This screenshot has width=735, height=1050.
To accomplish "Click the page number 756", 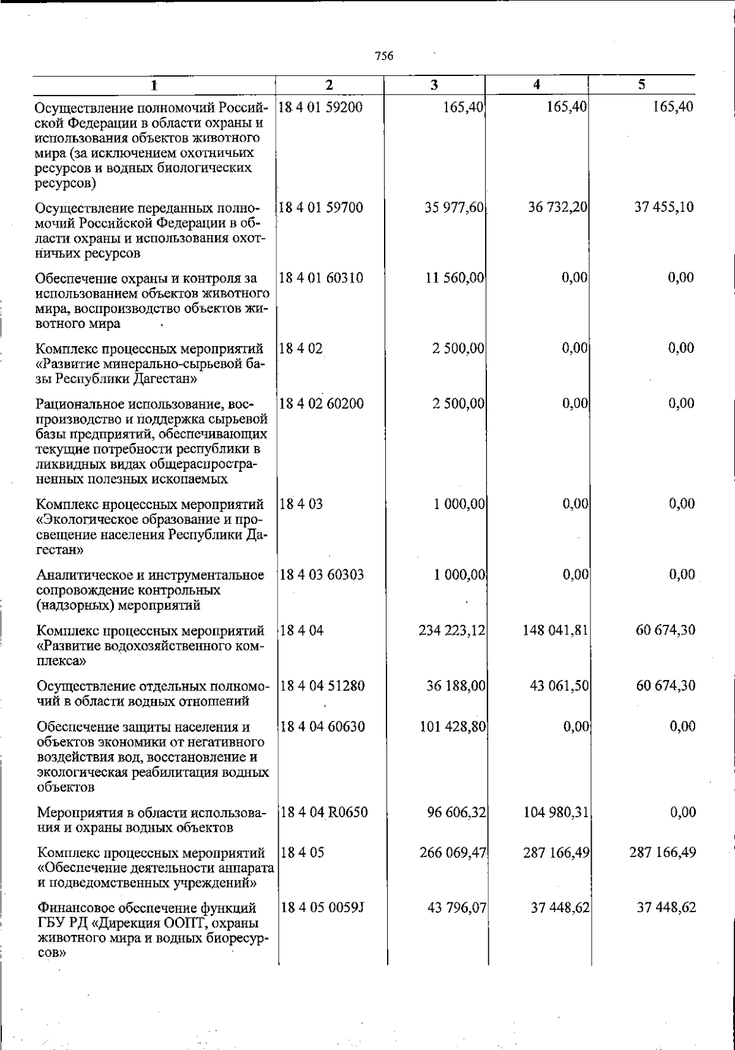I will click(383, 56).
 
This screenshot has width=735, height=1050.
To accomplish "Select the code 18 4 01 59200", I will click(321, 108).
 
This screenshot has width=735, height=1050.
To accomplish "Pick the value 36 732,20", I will click(558, 208).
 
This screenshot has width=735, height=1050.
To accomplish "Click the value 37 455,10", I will click(664, 208).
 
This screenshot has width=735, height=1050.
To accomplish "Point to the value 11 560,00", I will click(455, 278).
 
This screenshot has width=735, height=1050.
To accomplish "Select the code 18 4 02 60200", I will click(322, 404).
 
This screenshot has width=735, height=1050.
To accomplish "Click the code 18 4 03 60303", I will click(322, 575).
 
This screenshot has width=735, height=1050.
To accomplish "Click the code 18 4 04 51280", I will click(323, 686).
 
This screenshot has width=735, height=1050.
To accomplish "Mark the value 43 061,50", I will click(559, 686).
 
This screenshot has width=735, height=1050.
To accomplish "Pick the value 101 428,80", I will click(453, 727).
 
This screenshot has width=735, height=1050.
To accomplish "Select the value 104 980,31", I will click(556, 813).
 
